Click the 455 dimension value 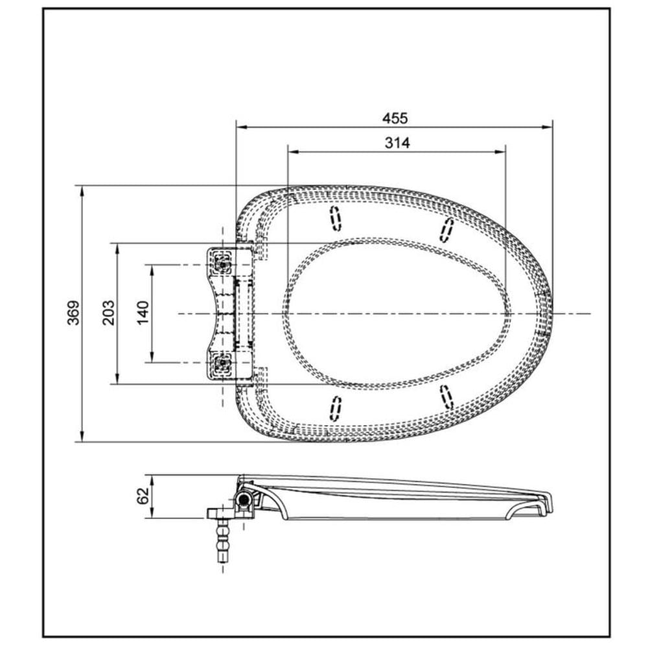[394, 118]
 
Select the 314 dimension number [397, 143]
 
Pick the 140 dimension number [143, 313]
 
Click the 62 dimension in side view [143, 496]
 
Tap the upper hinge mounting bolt [223, 264]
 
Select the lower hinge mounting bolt [223, 362]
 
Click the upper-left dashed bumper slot [335, 218]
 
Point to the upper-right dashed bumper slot [446, 229]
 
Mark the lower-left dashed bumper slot [335, 408]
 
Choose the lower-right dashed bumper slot [446, 397]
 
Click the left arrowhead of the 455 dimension [239, 128]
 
